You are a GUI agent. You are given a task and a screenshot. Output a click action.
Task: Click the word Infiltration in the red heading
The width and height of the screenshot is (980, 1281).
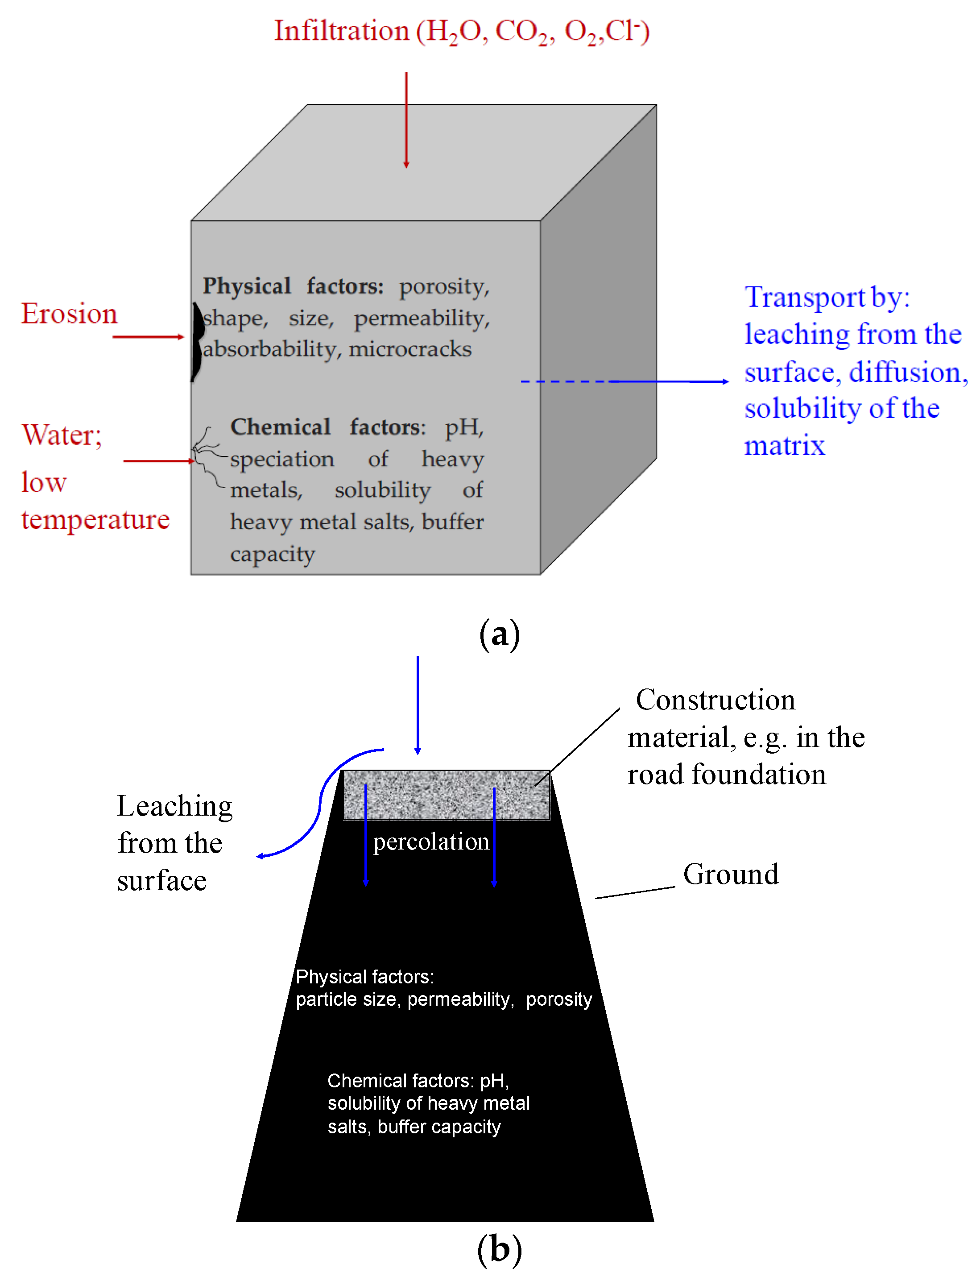pyautogui.click(x=341, y=30)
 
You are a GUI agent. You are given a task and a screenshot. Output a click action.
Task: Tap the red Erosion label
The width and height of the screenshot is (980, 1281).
pyautogui.click(x=69, y=314)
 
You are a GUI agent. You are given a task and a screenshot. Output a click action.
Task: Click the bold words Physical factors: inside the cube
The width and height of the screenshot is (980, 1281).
pyautogui.click(x=293, y=286)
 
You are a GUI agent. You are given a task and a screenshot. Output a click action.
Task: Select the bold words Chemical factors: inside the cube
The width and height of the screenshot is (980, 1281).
pyautogui.click(x=328, y=427)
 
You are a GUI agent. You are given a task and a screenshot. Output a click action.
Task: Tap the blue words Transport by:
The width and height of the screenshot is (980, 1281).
pyautogui.click(x=827, y=298)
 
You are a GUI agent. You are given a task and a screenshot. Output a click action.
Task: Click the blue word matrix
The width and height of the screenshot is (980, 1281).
pyautogui.click(x=784, y=446)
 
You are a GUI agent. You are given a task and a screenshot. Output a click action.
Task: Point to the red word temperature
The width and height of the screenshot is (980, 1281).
pyautogui.click(x=95, y=519)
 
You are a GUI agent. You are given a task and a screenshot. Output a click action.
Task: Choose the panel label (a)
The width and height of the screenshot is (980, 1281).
pyautogui.click(x=499, y=634)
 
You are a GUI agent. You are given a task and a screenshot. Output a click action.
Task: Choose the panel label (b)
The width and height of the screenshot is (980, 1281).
pyautogui.click(x=499, y=1249)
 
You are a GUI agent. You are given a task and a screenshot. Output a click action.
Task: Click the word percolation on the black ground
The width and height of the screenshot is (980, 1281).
pyautogui.click(x=430, y=841)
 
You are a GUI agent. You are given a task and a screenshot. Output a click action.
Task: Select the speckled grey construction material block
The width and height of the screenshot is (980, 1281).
pyautogui.click(x=446, y=795)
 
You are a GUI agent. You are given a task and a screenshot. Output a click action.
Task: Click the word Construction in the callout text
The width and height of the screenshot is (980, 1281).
pyautogui.click(x=715, y=700)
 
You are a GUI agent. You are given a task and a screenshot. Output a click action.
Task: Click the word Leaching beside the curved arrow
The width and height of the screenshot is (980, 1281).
pyautogui.click(x=174, y=806)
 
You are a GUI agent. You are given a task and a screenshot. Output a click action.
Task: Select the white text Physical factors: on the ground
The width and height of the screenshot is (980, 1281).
pyautogui.click(x=364, y=977)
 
